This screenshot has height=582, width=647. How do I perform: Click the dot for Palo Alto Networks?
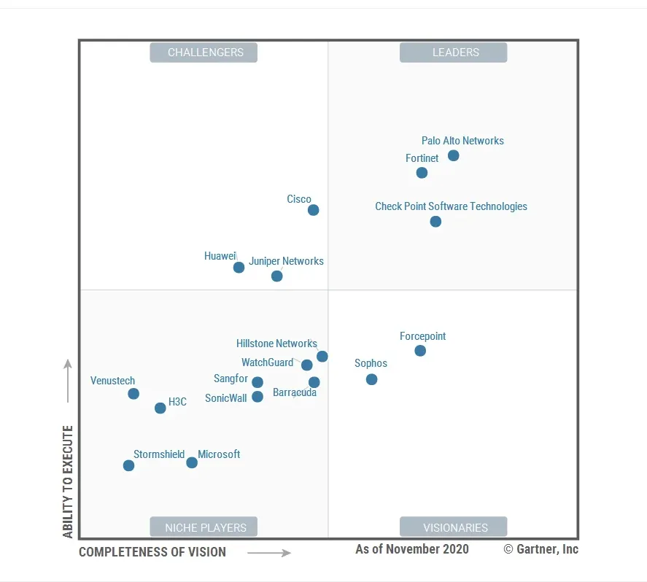[453, 155]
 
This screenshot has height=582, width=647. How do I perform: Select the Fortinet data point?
[422, 173]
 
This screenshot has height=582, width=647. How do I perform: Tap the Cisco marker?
[313, 210]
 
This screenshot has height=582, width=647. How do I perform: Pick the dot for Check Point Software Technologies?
[435, 222]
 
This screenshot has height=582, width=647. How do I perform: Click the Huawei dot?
[239, 268]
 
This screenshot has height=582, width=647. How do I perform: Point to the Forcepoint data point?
[420, 351]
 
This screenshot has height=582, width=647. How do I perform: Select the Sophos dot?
[371, 379]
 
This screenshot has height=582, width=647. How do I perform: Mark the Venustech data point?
[133, 394]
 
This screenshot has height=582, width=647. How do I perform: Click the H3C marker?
[160, 408]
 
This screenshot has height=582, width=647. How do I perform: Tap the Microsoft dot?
[192, 462]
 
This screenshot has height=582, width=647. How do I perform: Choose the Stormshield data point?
[128, 465]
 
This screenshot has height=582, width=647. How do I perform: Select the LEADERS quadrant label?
[453, 53]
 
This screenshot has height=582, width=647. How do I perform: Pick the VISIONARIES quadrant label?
[453, 527]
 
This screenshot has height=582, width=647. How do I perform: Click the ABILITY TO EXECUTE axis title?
[68, 481]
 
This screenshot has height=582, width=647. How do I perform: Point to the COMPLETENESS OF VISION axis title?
[152, 552]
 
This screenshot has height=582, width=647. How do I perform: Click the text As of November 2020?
[412, 549]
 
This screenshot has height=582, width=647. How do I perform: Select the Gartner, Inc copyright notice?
[541, 549]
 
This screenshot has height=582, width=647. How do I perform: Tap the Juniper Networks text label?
[286, 261]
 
